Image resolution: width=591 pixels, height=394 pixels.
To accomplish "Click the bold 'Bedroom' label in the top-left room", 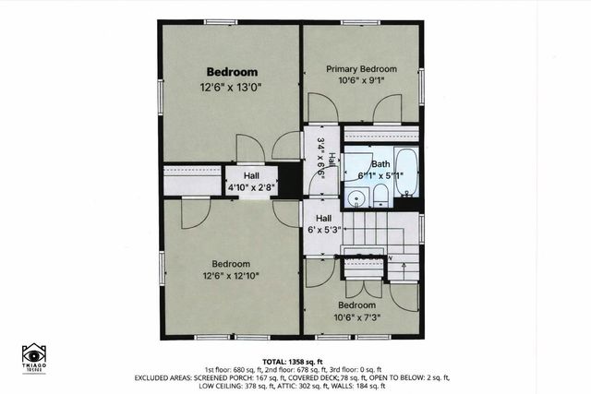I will pyautogui.click(x=232, y=71).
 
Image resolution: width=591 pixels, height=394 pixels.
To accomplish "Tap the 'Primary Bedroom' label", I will pyautogui.click(x=361, y=69).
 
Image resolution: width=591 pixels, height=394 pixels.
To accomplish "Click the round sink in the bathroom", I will pyautogui.click(x=356, y=197).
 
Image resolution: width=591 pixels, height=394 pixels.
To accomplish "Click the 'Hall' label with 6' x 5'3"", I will pyautogui.click(x=324, y=219).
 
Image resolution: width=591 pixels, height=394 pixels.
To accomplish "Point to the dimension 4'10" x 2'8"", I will pyautogui.click(x=251, y=187).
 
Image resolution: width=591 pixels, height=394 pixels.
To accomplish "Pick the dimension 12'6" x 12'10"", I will pyautogui.click(x=232, y=275).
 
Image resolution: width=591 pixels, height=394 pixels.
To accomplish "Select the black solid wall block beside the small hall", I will pyautogui.click(x=290, y=180).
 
